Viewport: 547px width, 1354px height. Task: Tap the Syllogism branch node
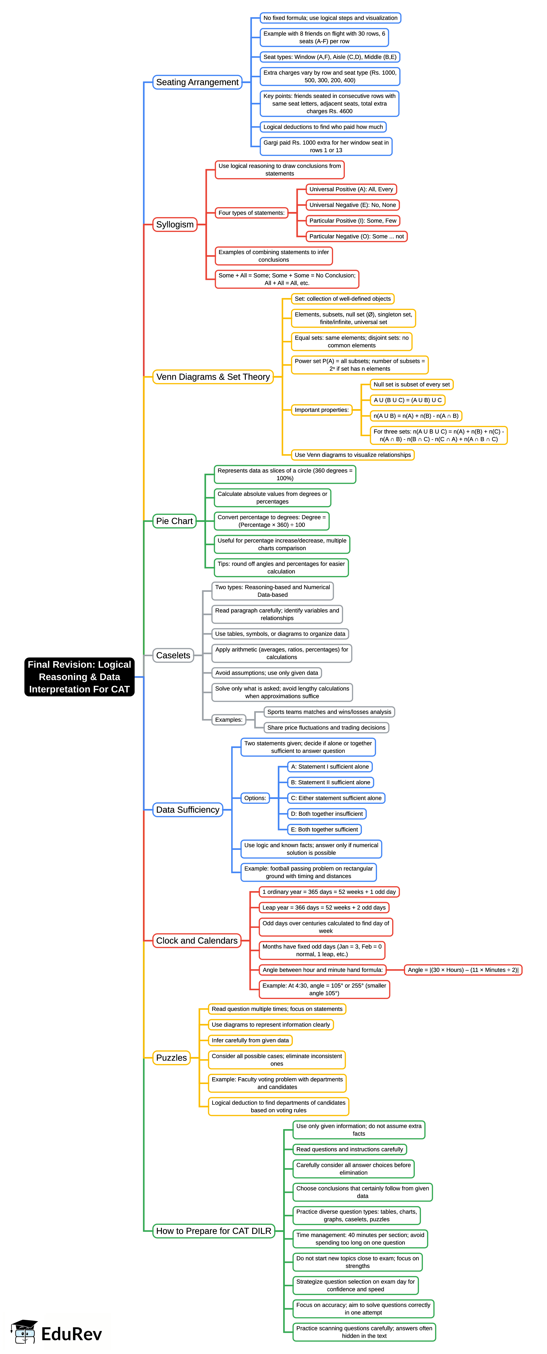click(175, 224)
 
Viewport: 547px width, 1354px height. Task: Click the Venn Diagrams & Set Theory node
click(213, 377)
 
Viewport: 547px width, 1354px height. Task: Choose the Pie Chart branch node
click(175, 521)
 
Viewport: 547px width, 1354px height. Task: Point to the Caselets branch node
click(173, 655)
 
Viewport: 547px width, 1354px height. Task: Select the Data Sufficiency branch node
click(188, 809)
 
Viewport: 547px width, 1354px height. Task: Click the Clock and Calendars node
click(197, 940)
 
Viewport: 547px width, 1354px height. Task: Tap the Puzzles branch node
click(171, 1057)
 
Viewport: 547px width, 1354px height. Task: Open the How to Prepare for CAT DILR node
click(214, 1231)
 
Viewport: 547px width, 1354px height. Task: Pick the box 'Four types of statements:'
click(251, 213)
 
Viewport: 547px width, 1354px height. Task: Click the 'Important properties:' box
click(321, 410)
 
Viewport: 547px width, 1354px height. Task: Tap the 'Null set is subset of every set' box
click(411, 384)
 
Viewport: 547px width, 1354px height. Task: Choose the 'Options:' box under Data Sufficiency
click(255, 798)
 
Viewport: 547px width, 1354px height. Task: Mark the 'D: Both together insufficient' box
click(327, 814)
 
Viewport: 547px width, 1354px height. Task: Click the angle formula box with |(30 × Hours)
click(463, 970)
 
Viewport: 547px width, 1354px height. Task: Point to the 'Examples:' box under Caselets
click(229, 720)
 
